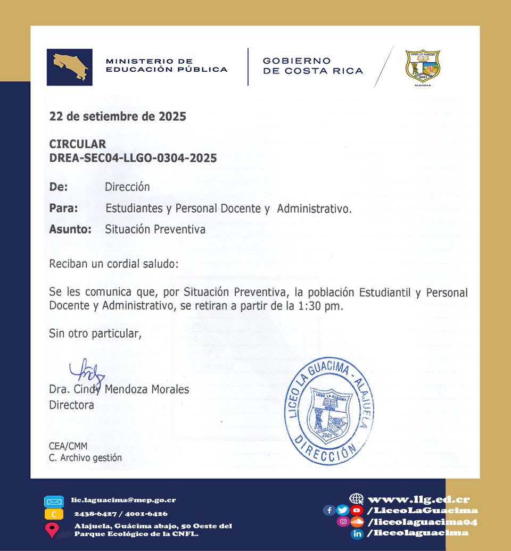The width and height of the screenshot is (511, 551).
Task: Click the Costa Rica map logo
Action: pos(69,67)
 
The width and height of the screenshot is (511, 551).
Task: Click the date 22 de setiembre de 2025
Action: pos(118,116)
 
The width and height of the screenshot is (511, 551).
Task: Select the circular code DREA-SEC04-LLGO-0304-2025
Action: pos(133,158)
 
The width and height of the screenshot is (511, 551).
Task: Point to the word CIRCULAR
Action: pos(77,144)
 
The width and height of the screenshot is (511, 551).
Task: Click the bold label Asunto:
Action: pos(70,230)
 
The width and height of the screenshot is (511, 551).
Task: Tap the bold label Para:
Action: pos(63,208)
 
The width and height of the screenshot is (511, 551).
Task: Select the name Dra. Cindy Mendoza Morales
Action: pos(119,389)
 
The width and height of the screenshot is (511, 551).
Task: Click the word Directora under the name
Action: pos(71,405)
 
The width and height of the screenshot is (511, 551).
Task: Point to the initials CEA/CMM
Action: pos(68,446)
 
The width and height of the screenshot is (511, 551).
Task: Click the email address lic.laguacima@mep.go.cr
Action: pos(123,500)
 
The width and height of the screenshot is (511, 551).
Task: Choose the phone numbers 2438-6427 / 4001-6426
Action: pos(121,514)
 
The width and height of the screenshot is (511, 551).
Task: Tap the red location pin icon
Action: pos(52,530)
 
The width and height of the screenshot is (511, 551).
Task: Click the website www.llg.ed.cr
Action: pos(418,499)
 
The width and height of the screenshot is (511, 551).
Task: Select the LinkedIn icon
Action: pos(357,533)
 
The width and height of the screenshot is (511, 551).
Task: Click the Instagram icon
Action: pos(344,522)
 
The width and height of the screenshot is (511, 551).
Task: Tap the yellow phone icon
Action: pos(53,514)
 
